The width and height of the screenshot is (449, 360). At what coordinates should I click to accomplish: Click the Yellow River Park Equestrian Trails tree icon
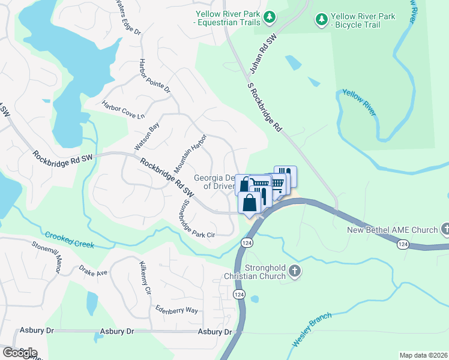coord(270,16)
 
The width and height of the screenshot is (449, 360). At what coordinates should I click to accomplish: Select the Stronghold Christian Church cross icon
coord(294,271)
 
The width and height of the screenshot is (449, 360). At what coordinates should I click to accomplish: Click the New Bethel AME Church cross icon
coord(445,229)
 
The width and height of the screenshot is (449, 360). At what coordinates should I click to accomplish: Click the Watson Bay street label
coord(147,136)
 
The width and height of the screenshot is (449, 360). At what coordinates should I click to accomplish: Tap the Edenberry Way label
coord(176,310)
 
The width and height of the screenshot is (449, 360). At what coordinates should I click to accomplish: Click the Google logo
coord(19,353)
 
